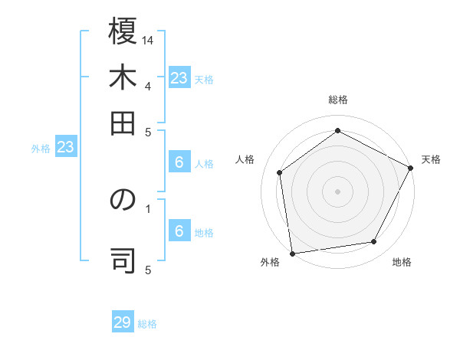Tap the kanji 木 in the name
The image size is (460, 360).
(x=123, y=79)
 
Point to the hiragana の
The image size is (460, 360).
(x=123, y=201)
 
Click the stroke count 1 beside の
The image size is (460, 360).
(x=148, y=207)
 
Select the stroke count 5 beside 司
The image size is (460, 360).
(x=148, y=269)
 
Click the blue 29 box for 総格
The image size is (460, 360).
(x=123, y=322)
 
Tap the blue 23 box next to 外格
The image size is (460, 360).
(x=65, y=148)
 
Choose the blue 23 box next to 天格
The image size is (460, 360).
(x=179, y=78)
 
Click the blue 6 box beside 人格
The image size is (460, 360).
(x=179, y=162)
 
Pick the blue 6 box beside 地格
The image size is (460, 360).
(x=179, y=231)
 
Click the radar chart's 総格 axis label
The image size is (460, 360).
(x=338, y=100)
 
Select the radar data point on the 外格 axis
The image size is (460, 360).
(x=292, y=253)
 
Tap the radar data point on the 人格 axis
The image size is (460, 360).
(x=280, y=172)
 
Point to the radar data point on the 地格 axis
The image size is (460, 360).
(x=374, y=242)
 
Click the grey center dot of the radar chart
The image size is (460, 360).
(x=338, y=191)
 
